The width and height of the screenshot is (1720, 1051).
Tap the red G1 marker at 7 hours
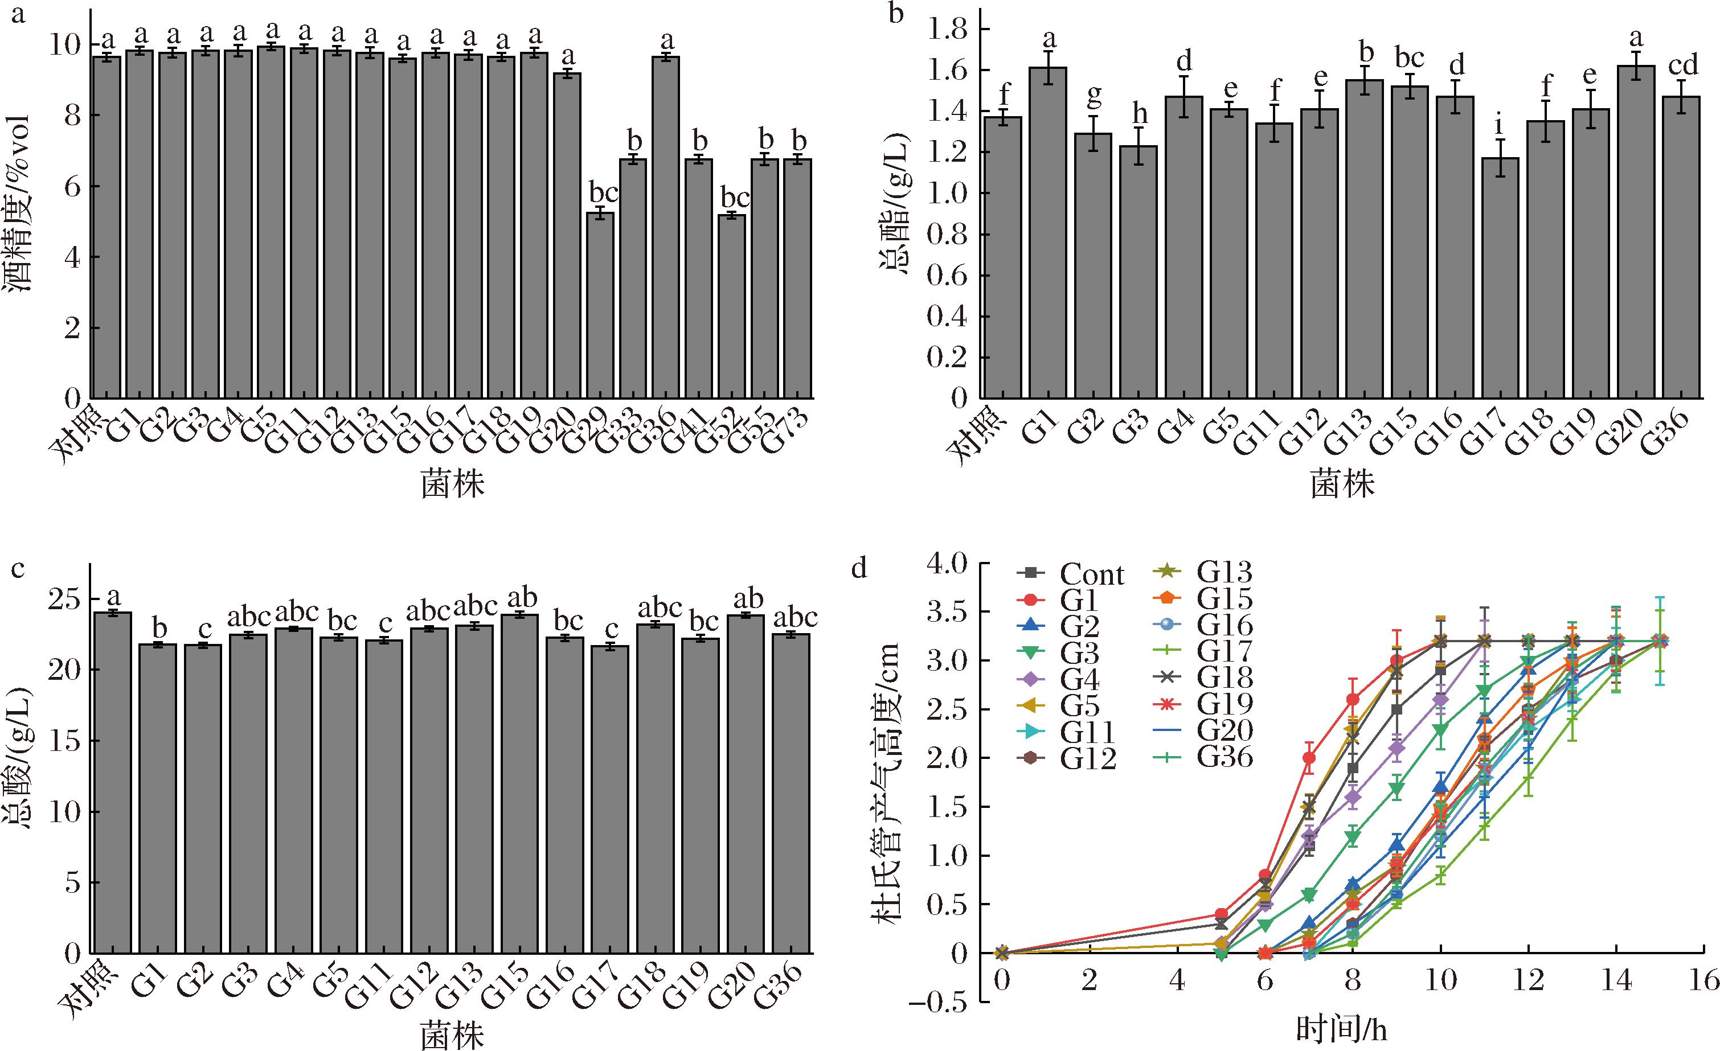pos(1309,758)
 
